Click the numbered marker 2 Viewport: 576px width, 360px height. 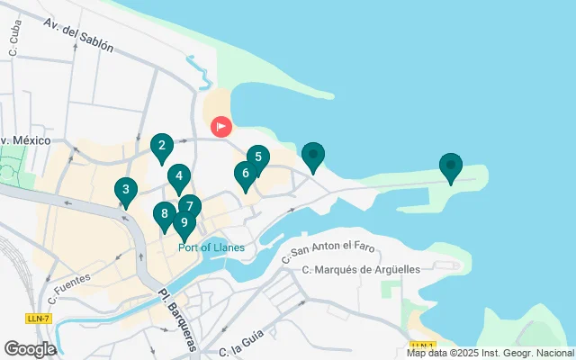(x=161, y=146)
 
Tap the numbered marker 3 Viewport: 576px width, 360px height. (x=125, y=190)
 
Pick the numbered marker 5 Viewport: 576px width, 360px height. (x=257, y=157)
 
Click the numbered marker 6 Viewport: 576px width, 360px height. (x=245, y=173)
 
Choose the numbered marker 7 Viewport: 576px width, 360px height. (x=189, y=206)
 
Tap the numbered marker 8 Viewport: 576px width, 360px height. (x=164, y=213)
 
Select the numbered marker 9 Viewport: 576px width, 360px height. (x=184, y=223)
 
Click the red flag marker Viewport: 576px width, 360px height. (x=220, y=128)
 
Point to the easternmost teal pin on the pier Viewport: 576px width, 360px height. (x=450, y=166)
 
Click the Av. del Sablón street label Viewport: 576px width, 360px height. (x=90, y=36)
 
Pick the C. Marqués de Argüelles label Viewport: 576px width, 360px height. (x=362, y=269)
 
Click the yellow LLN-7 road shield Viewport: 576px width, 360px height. (x=38, y=319)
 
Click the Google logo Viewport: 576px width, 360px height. (x=30, y=348)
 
